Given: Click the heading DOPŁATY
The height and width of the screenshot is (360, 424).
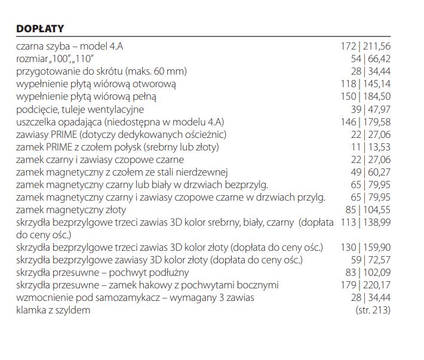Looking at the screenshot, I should (x=40, y=29).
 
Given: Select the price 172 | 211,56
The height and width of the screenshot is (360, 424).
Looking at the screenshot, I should (x=365, y=46).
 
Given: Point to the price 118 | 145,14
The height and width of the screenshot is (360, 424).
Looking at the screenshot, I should (x=365, y=84).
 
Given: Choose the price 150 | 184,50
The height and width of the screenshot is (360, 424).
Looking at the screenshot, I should (x=365, y=97).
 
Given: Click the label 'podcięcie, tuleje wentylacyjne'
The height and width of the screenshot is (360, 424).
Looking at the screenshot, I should (x=81, y=109).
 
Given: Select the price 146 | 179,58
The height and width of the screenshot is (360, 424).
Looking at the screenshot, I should (x=365, y=122).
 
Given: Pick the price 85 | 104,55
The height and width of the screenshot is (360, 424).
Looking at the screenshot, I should (x=368, y=210).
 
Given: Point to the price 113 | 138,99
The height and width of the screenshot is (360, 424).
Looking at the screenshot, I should (x=365, y=222).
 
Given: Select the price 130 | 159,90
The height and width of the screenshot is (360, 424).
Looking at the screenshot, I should (x=365, y=247).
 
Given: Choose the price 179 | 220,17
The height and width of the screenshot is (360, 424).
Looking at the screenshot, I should (x=365, y=285).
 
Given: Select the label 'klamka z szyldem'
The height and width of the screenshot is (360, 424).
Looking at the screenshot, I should (x=54, y=310).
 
